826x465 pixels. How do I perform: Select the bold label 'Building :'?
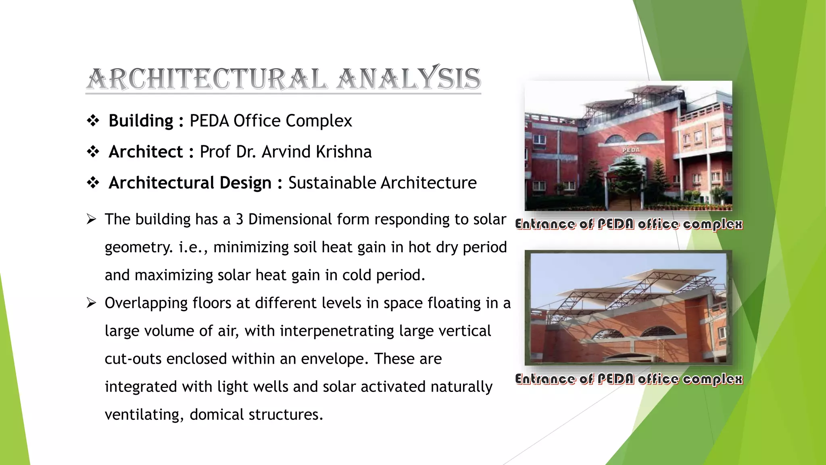146,121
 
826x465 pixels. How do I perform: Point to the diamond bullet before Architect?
93,152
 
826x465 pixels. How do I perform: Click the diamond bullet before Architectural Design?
93,183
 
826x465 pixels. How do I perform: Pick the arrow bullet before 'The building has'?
92,219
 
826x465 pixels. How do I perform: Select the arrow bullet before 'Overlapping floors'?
92,303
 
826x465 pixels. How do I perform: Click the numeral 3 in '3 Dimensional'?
240,219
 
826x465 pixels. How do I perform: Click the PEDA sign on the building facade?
631,150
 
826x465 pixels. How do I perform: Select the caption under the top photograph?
628,224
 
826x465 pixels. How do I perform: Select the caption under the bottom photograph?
628,379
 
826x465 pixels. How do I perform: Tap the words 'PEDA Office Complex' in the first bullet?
271,121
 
